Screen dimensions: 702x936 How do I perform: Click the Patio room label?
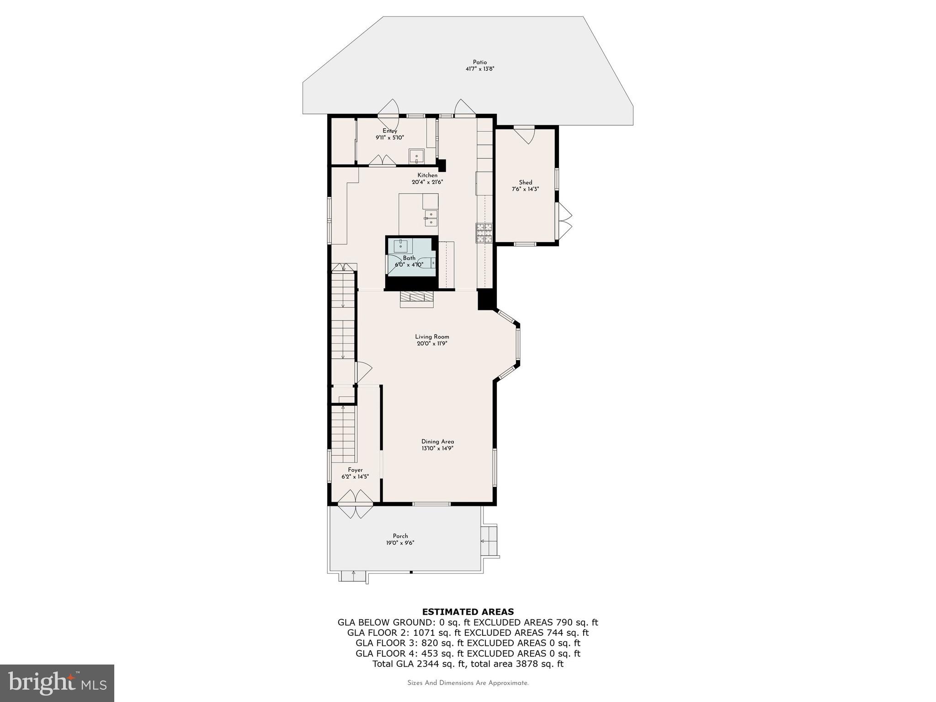point(479,62)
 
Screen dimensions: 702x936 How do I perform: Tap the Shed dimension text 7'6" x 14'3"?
point(525,189)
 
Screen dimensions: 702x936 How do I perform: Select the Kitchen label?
point(427,175)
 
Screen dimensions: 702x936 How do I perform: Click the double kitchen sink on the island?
point(431,218)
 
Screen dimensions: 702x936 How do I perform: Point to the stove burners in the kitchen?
point(484,233)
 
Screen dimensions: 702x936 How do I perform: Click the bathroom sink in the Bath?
point(401,245)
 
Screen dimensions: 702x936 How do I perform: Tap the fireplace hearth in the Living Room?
point(416,299)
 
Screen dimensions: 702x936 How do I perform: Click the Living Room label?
point(432,337)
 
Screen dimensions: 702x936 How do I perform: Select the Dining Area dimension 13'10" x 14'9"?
point(437,448)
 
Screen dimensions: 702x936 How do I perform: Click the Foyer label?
point(355,470)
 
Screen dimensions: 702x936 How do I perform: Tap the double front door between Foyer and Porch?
point(356,504)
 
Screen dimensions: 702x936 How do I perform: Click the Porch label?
point(400,536)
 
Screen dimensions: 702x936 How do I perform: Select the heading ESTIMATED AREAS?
point(468,612)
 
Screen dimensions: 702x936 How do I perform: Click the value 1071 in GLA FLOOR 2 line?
point(423,633)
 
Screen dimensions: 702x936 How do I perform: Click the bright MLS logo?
point(57,683)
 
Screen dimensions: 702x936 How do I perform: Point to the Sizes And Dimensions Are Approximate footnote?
point(468,683)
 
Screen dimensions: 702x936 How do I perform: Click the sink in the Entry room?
point(416,156)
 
